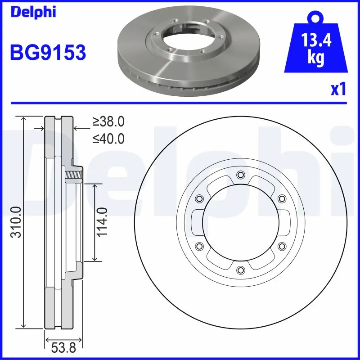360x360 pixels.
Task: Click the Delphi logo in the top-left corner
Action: pos(32,12)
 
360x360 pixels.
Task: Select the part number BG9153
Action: pos(48,53)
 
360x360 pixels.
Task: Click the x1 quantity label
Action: pos(338,90)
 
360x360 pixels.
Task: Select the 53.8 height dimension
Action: pos(63,348)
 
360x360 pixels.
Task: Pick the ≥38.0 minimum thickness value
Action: pos(108,121)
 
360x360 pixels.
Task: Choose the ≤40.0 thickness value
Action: pos(108,139)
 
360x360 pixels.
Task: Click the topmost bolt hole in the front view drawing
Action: pos(240,175)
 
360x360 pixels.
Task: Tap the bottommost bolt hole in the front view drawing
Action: pos(240,270)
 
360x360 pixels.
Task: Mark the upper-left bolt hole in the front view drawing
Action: pos(199,198)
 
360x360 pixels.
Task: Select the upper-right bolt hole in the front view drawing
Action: pos(281,198)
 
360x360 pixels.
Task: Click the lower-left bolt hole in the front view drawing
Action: pos(199,246)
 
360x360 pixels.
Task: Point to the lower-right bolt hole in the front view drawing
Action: pos(281,246)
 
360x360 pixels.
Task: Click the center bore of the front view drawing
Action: pos(240,222)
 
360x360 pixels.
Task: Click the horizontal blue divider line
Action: pos(180,103)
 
